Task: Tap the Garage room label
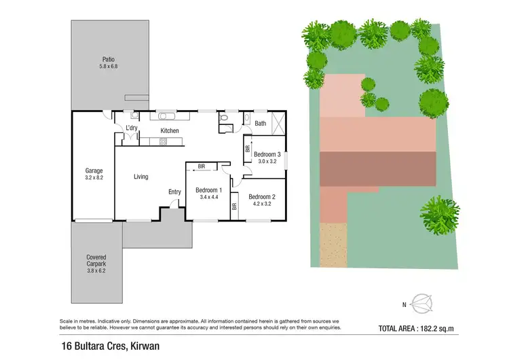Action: pos(94,170)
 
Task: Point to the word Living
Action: pos(140,177)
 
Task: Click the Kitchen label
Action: pos(169,130)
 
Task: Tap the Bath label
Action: pos(260,124)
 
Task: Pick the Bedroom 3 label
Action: pos(267,155)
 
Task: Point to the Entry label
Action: pos(174,192)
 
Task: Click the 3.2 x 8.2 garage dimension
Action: pos(94,177)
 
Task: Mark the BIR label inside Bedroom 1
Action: pos(202,166)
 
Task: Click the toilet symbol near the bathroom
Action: pos(224,121)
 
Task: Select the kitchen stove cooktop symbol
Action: pos(163,142)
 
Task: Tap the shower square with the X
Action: pos(277,122)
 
